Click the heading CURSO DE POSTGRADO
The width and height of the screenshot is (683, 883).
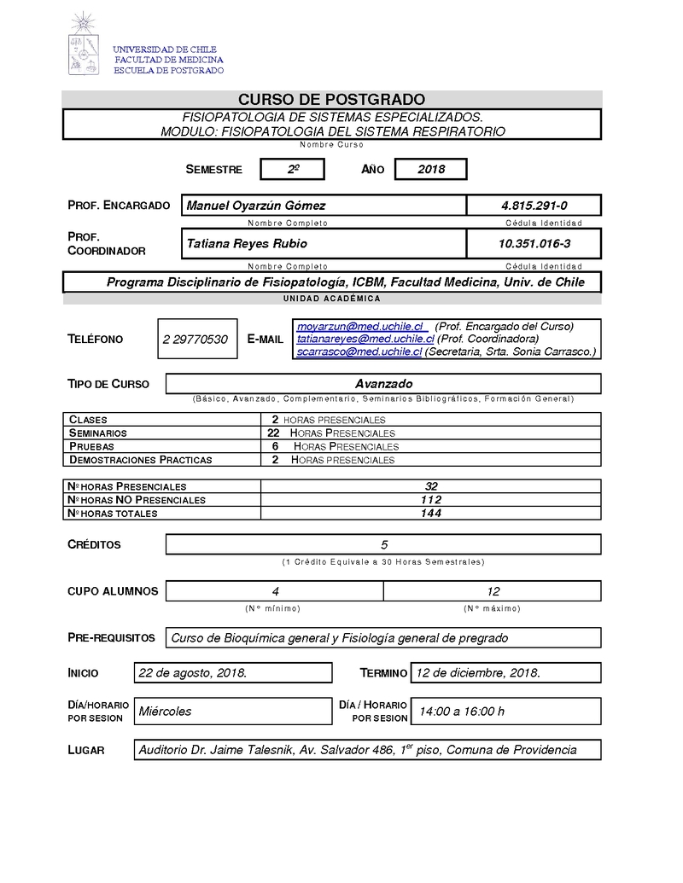click(331, 100)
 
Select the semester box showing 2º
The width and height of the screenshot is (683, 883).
click(292, 170)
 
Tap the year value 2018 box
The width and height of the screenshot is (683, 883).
click(431, 170)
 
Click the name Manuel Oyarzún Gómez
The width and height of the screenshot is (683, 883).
click(256, 206)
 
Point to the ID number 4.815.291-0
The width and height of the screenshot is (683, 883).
click(534, 206)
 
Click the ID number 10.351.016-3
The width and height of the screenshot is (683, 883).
click(534, 244)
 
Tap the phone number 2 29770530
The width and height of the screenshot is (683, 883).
click(195, 340)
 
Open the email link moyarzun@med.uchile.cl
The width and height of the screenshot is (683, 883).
click(360, 327)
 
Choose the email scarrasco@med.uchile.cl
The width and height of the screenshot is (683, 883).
click(359, 351)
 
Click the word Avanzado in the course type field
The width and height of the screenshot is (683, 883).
click(383, 384)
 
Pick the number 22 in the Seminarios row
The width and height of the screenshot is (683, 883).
click(273, 433)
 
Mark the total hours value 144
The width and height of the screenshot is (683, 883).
click(431, 514)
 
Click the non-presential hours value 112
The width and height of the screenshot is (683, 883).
click(431, 500)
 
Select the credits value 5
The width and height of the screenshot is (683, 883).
click(384, 544)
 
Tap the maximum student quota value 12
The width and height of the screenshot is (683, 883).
click(493, 591)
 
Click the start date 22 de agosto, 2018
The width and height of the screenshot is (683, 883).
click(193, 673)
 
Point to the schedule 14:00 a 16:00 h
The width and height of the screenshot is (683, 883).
click(460, 712)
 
